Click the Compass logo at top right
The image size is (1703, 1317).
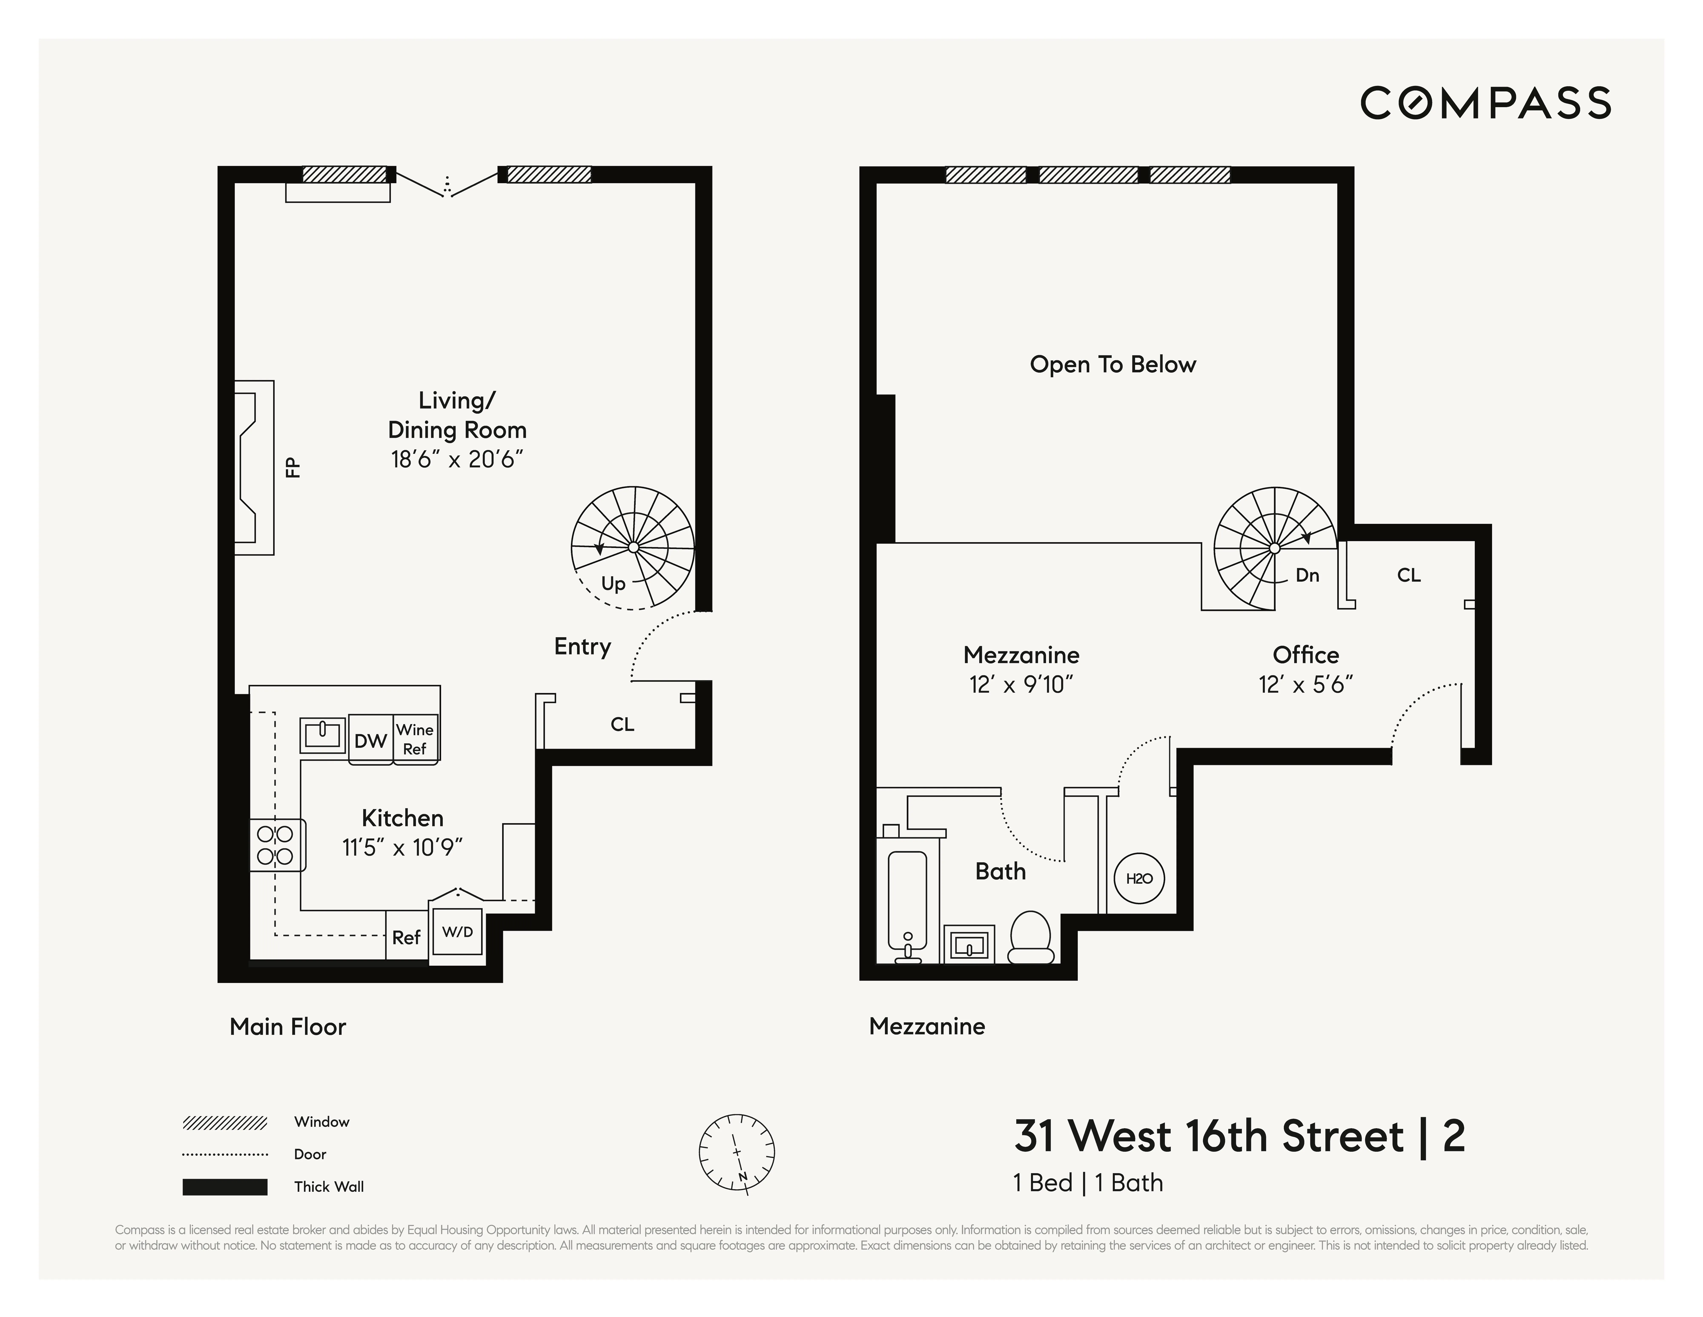point(1485,103)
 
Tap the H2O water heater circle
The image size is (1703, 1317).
point(1139,879)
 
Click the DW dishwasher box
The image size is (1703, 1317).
point(370,740)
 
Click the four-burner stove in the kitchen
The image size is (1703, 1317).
point(275,845)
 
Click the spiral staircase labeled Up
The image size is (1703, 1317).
point(632,548)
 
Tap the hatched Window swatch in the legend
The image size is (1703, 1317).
point(225,1123)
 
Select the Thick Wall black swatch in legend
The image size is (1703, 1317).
point(225,1187)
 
